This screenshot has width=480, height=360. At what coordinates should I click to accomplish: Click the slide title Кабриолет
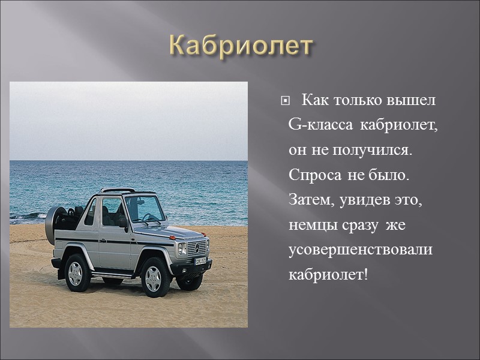(x=241, y=46)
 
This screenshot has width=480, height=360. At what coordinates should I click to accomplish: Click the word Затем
(x=308, y=200)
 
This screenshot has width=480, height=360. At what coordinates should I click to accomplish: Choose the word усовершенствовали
(x=360, y=250)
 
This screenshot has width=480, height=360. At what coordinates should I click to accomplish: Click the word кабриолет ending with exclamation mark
(x=327, y=275)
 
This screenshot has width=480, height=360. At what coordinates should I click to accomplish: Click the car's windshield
(x=144, y=208)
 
